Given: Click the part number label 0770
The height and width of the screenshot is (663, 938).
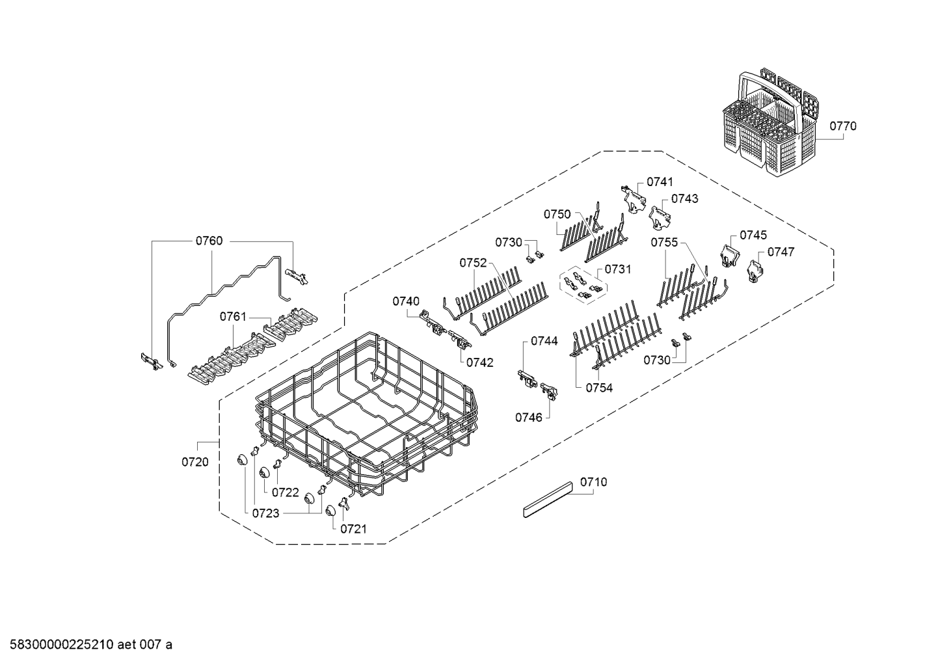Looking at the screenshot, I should coord(843,126).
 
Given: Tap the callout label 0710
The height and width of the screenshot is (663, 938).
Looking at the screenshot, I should coord(593,482).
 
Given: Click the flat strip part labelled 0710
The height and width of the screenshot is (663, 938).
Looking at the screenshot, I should coord(548,500).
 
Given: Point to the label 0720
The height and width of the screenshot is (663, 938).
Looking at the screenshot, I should coord(194,462).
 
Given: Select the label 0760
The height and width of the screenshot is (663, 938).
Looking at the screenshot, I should coord(209,241).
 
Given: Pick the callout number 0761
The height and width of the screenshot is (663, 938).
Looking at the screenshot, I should coord(233,317).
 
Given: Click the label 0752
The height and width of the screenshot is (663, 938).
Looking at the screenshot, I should coord(473,263).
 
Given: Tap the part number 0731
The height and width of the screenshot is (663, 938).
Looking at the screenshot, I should coord(617,269).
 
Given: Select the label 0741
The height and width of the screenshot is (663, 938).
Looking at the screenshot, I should coord(660,182).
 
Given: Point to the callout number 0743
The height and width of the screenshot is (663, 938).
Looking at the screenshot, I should coord(684,198).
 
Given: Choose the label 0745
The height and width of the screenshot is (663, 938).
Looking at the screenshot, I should coord(753,235).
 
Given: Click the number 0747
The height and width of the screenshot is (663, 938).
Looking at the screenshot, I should coord(781,252).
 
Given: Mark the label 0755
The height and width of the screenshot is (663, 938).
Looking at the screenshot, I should coord(664,243).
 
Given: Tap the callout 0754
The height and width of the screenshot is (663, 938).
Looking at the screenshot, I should coord(598,388).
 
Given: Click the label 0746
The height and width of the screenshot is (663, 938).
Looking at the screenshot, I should coord(529,417).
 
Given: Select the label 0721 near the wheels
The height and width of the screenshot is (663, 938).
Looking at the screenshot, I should coord(353,529).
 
